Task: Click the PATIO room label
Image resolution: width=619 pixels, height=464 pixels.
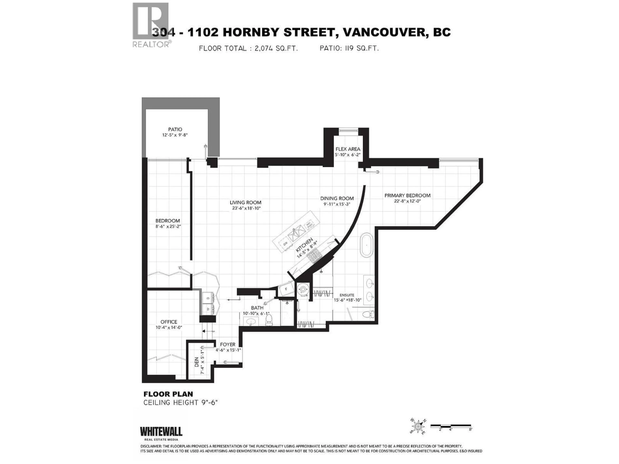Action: [x=175, y=129]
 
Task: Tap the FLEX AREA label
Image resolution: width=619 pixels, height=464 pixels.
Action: [x=348, y=149]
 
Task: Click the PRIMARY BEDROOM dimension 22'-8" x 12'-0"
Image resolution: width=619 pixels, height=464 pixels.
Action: [x=407, y=201]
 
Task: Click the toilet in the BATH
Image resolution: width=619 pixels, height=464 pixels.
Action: [x=269, y=320]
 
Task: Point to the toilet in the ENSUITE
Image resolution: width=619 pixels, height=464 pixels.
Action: [x=368, y=314]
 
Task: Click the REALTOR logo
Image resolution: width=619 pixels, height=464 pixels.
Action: [x=151, y=25]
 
